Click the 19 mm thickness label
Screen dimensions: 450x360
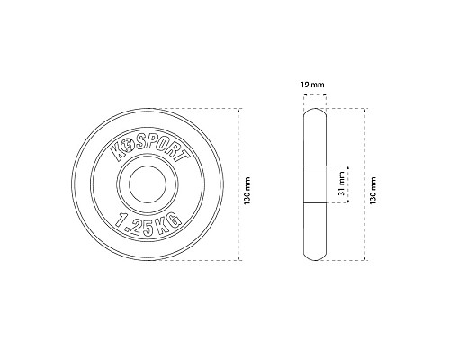pos(312,85)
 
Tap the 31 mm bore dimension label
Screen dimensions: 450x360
pos(341,184)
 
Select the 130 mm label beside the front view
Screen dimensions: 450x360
pos(247,191)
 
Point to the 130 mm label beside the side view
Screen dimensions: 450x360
pos(373,191)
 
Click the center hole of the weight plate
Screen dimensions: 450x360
pos(148,184)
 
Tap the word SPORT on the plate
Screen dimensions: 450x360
pos(163,149)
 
